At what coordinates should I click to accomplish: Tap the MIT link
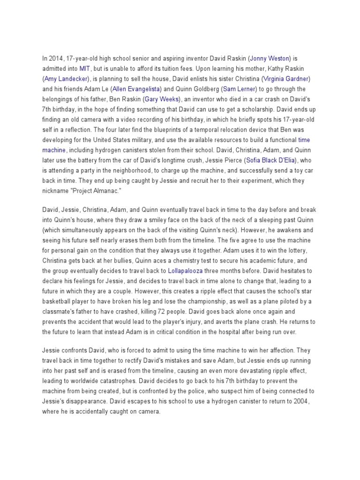point(85,68)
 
